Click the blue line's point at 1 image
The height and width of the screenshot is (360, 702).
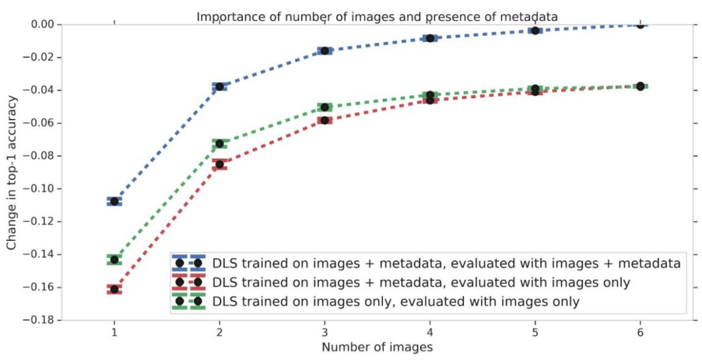(x=114, y=201)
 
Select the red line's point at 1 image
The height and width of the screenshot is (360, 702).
(x=114, y=289)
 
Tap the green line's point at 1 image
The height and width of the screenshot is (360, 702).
(x=114, y=259)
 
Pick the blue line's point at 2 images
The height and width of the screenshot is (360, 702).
(x=220, y=86)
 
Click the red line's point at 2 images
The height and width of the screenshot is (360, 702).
(x=220, y=164)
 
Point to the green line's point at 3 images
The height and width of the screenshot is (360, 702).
(x=324, y=107)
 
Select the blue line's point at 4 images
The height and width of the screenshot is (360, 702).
(x=430, y=38)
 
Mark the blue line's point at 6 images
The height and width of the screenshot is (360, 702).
(x=640, y=25)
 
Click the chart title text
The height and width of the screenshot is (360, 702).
(x=377, y=16)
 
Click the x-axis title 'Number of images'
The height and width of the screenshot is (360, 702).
(x=377, y=348)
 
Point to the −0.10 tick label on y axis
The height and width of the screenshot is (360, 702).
(x=44, y=189)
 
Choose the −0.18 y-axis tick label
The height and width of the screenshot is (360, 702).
(x=44, y=320)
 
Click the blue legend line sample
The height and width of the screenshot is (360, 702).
(x=188, y=263)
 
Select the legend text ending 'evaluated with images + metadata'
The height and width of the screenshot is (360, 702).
(x=446, y=263)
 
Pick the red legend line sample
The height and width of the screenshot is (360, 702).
(x=188, y=282)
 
